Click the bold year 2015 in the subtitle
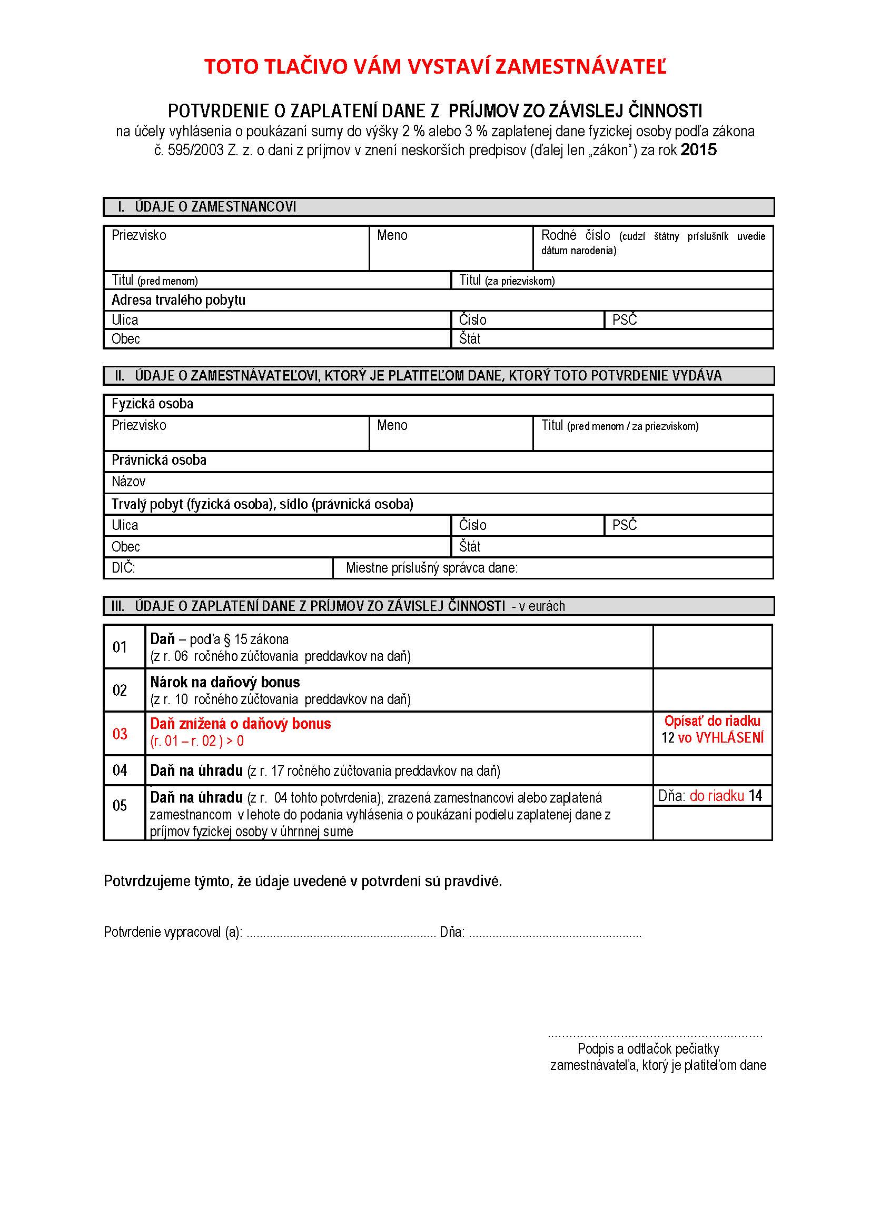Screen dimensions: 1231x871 (698, 150)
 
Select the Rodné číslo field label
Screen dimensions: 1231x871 (575, 235)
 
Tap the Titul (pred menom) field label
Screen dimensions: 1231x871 (154, 281)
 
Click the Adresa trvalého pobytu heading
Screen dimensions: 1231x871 (178, 300)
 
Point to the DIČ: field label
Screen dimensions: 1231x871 (123, 568)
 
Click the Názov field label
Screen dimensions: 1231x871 (128, 482)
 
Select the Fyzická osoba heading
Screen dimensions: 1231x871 (152, 404)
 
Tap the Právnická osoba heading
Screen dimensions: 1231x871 (159, 460)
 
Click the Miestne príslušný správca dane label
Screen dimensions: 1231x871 (431, 568)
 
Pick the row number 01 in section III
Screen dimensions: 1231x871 (120, 647)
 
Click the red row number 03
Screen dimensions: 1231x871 (120, 734)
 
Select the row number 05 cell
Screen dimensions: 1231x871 (120, 805)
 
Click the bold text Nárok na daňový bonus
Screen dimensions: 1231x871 (225, 682)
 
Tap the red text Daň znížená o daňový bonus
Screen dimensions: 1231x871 (240, 724)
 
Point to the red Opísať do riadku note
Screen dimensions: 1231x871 (712, 722)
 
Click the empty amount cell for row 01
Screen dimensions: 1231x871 (712, 647)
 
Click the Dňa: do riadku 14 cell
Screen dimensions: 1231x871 (709, 796)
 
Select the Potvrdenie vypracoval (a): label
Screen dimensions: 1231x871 (173, 932)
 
